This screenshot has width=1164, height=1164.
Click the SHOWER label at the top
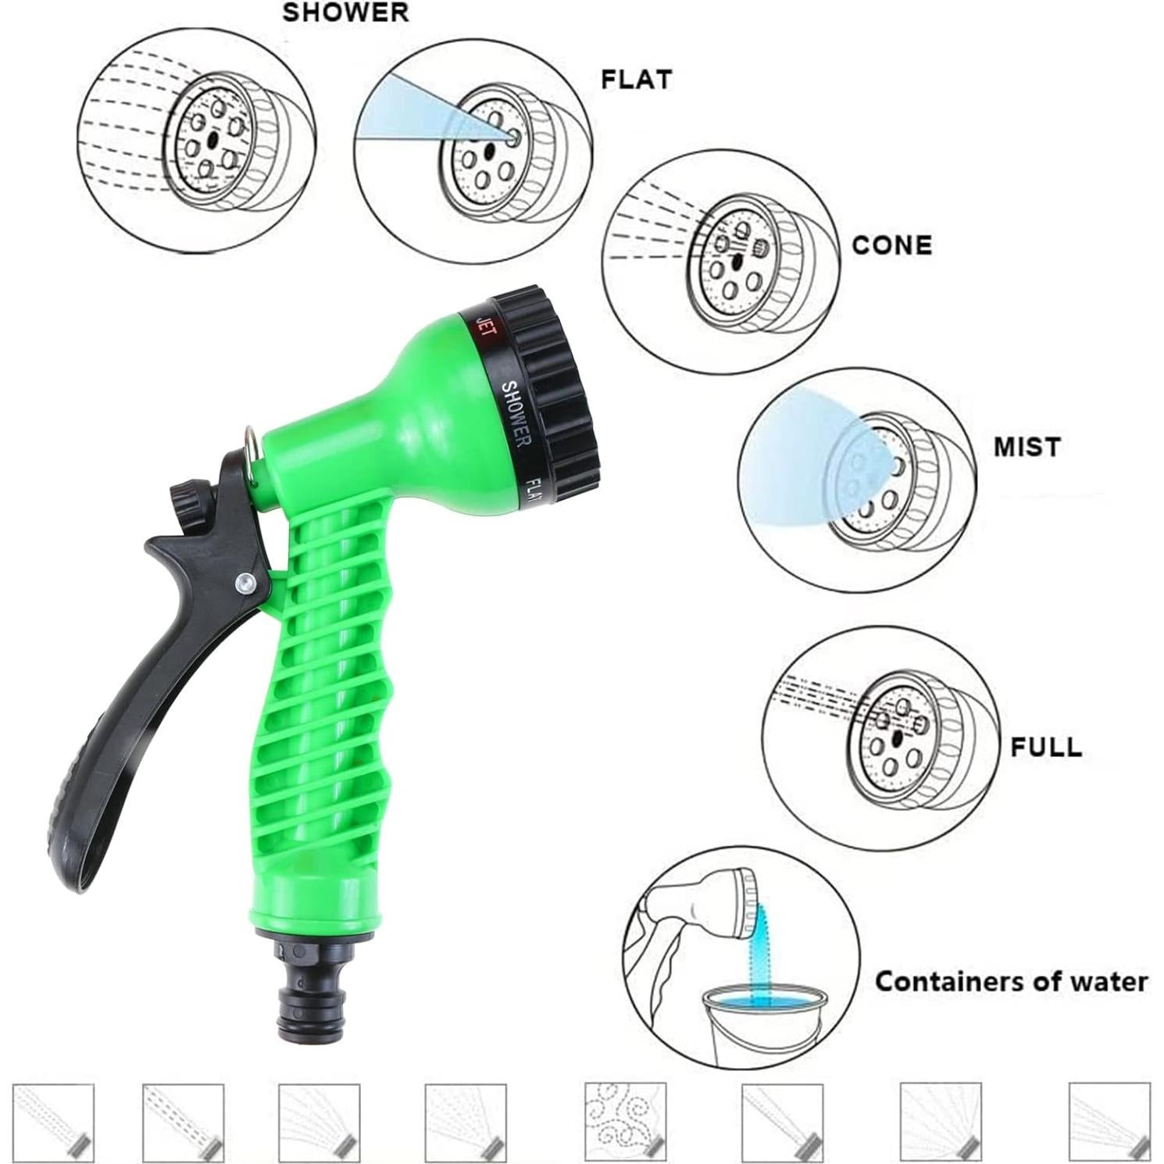[345, 12]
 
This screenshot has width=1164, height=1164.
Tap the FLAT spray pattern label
[635, 80]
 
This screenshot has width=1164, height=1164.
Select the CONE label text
[891, 245]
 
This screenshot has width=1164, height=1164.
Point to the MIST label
[1027, 447]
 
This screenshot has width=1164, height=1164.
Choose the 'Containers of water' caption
[1011, 981]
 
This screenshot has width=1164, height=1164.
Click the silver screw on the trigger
[245, 581]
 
